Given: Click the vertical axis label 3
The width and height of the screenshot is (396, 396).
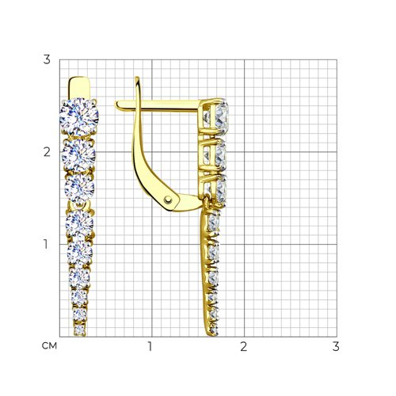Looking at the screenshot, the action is pos(47,59).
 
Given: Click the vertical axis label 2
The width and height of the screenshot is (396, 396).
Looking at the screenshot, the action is pos(47,152).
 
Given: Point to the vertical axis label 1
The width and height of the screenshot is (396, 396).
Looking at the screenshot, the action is pos(46,244).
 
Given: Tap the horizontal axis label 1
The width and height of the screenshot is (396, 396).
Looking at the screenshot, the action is pos(150,346).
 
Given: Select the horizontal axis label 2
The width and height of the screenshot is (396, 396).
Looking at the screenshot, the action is pos(243,346).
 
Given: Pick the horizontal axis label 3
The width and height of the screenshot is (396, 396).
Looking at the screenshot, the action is pos(336,346).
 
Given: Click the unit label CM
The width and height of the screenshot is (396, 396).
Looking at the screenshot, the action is pos(49,346).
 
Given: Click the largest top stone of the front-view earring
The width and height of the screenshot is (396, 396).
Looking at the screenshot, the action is pos(79,117).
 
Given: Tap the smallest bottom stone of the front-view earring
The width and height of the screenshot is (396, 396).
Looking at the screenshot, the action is pos(79,329).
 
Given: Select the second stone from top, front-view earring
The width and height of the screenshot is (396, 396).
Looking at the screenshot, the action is pos(78,155).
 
